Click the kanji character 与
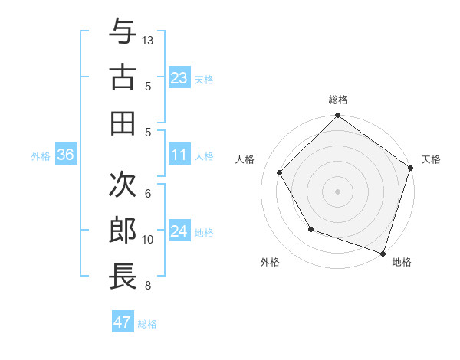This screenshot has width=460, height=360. (123, 31)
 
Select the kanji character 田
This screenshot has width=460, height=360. (123, 122)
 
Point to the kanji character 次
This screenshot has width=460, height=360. (123, 184)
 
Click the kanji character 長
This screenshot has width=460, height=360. (123, 276)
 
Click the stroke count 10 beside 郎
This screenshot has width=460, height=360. (149, 240)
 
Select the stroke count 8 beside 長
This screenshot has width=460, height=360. (148, 286)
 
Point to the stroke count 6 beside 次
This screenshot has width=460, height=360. (148, 193)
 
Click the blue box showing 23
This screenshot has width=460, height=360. (179, 78)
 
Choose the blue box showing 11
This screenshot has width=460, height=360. (179, 155)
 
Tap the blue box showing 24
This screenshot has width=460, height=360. (179, 232)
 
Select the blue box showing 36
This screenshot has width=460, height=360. (66, 155)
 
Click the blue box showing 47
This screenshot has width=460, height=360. (123, 322)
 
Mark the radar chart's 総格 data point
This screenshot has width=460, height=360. (337, 116)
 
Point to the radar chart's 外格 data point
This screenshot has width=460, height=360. (310, 229)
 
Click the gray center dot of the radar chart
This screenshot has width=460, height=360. (337, 191)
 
